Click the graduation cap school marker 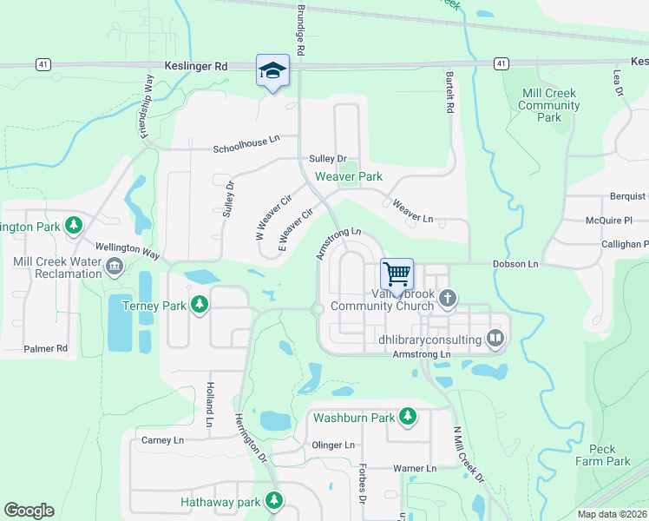coord(272,70)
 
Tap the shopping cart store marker coord(397,274)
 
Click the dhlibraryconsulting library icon coord(495,337)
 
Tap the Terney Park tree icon coord(200,304)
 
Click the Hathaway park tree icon coord(274,501)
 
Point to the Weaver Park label coord(348,176)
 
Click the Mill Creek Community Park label coord(547,105)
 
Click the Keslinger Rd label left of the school coord(195,65)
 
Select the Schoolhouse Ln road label coord(247,149)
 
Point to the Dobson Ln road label coord(515,263)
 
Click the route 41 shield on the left coord(42,64)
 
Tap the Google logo coord(29,510)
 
